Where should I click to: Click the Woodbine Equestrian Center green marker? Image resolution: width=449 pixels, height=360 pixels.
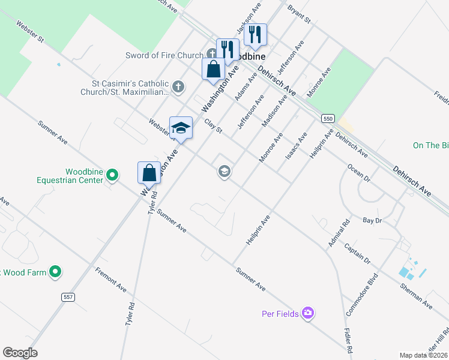[x=112, y=175]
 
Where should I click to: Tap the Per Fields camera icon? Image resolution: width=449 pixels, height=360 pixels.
[x=308, y=313]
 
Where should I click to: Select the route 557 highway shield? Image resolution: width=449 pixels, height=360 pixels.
[x=68, y=297]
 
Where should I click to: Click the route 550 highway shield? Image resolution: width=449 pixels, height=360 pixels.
[x=327, y=119]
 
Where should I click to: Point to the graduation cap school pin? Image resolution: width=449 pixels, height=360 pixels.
[x=181, y=128]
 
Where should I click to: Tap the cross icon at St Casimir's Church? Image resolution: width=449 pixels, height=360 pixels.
[x=178, y=87]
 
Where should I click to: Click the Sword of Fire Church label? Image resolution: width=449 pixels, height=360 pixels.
[x=164, y=55]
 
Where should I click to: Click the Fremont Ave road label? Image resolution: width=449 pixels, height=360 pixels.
[x=110, y=279]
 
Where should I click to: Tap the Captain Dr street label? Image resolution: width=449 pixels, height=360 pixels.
[x=358, y=253]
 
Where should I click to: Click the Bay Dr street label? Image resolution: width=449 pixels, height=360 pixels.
[x=372, y=221]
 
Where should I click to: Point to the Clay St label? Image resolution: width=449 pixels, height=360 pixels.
[x=213, y=126]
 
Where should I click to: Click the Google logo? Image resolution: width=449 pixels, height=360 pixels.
[x=20, y=353]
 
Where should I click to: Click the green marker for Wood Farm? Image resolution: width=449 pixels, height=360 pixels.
[x=55, y=272]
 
